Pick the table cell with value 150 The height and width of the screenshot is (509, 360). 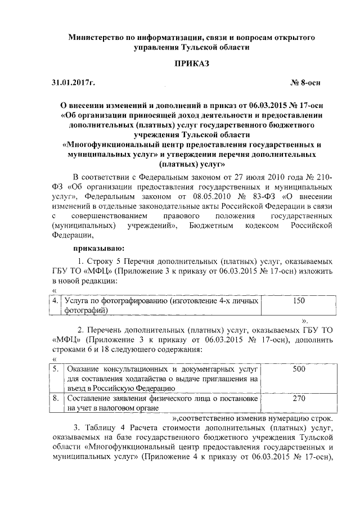click(299, 301)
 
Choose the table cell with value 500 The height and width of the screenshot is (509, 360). click(299, 369)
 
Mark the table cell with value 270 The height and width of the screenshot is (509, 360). click(299, 398)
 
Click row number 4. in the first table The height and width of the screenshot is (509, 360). click(56, 301)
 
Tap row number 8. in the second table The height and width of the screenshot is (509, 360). click(56, 398)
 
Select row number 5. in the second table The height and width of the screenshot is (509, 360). click(56, 369)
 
